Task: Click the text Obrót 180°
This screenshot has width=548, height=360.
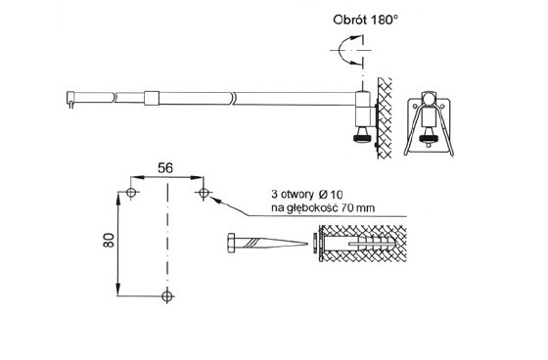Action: pos(365,20)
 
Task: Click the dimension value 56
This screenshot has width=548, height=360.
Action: pos(165,168)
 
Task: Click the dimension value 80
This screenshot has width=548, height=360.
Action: pos(109,240)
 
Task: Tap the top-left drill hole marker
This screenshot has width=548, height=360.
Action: pos(131,193)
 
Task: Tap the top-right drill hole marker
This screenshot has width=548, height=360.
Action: pos(204,193)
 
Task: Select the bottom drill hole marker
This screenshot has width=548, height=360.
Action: pos(167,296)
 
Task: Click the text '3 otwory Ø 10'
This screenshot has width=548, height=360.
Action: pos(307,194)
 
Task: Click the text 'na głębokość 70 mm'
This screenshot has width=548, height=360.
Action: pos(323,208)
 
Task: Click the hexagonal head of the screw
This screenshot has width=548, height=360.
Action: pos(231,244)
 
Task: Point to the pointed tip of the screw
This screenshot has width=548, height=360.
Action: pos(308,244)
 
